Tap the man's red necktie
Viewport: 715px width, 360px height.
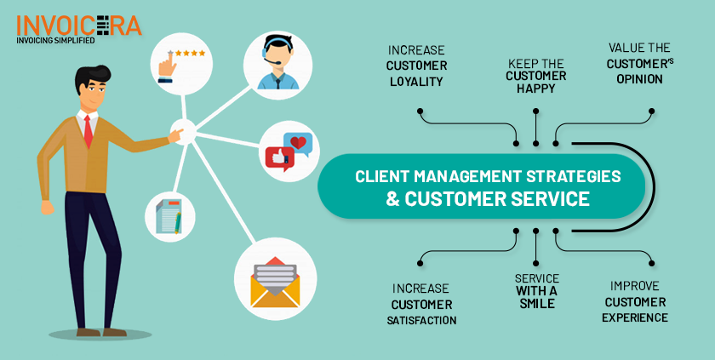88,131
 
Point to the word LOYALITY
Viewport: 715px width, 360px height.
416,83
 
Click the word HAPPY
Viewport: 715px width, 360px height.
535,88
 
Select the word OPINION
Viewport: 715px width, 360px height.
635,79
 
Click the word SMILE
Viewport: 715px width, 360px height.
535,303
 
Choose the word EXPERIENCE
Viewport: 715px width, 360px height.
634,317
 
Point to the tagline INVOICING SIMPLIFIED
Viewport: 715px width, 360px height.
57,38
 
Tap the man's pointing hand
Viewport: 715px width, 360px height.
176,133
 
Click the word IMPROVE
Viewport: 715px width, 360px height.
635,286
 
